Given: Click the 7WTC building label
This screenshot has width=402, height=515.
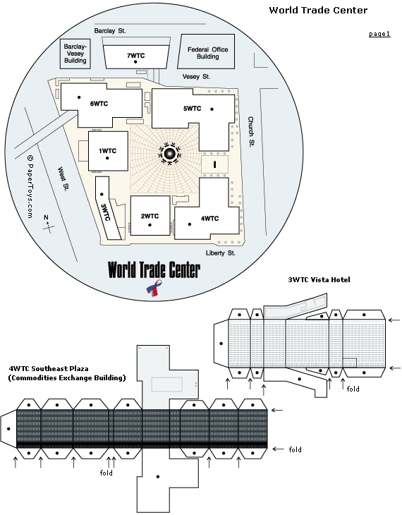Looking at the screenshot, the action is (135, 56).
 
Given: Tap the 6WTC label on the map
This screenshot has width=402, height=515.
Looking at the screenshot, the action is (99, 104).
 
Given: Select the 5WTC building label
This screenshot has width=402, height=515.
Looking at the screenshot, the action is (192, 109).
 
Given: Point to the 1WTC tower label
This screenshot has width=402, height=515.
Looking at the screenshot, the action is (107, 151).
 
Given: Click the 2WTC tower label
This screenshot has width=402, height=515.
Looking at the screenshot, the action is (150, 216).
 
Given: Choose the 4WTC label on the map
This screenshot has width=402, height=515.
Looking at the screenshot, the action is (209, 219).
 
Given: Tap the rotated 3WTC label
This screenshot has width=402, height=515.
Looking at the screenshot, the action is (105, 212).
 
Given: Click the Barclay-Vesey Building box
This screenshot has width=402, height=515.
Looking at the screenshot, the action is (75, 54).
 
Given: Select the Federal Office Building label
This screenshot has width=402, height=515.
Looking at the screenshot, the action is (207, 53).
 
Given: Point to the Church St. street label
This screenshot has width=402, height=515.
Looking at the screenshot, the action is (251, 132).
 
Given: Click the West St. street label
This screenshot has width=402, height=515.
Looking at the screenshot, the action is (63, 179).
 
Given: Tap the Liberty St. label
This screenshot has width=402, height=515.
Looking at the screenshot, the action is (220, 253).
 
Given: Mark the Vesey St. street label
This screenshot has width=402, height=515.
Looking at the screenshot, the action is (196, 76).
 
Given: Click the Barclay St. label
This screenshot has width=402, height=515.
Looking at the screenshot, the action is (110, 31).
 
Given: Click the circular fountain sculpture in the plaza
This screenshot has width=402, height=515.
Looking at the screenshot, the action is (169, 153).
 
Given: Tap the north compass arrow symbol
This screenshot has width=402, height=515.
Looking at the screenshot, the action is (48, 224).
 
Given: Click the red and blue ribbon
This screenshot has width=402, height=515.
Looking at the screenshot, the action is (154, 288).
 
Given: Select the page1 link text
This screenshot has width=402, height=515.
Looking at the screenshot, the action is (379, 34).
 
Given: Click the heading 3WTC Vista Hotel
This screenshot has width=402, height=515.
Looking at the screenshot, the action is (319, 280).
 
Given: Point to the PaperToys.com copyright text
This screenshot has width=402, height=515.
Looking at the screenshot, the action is (30, 186).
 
